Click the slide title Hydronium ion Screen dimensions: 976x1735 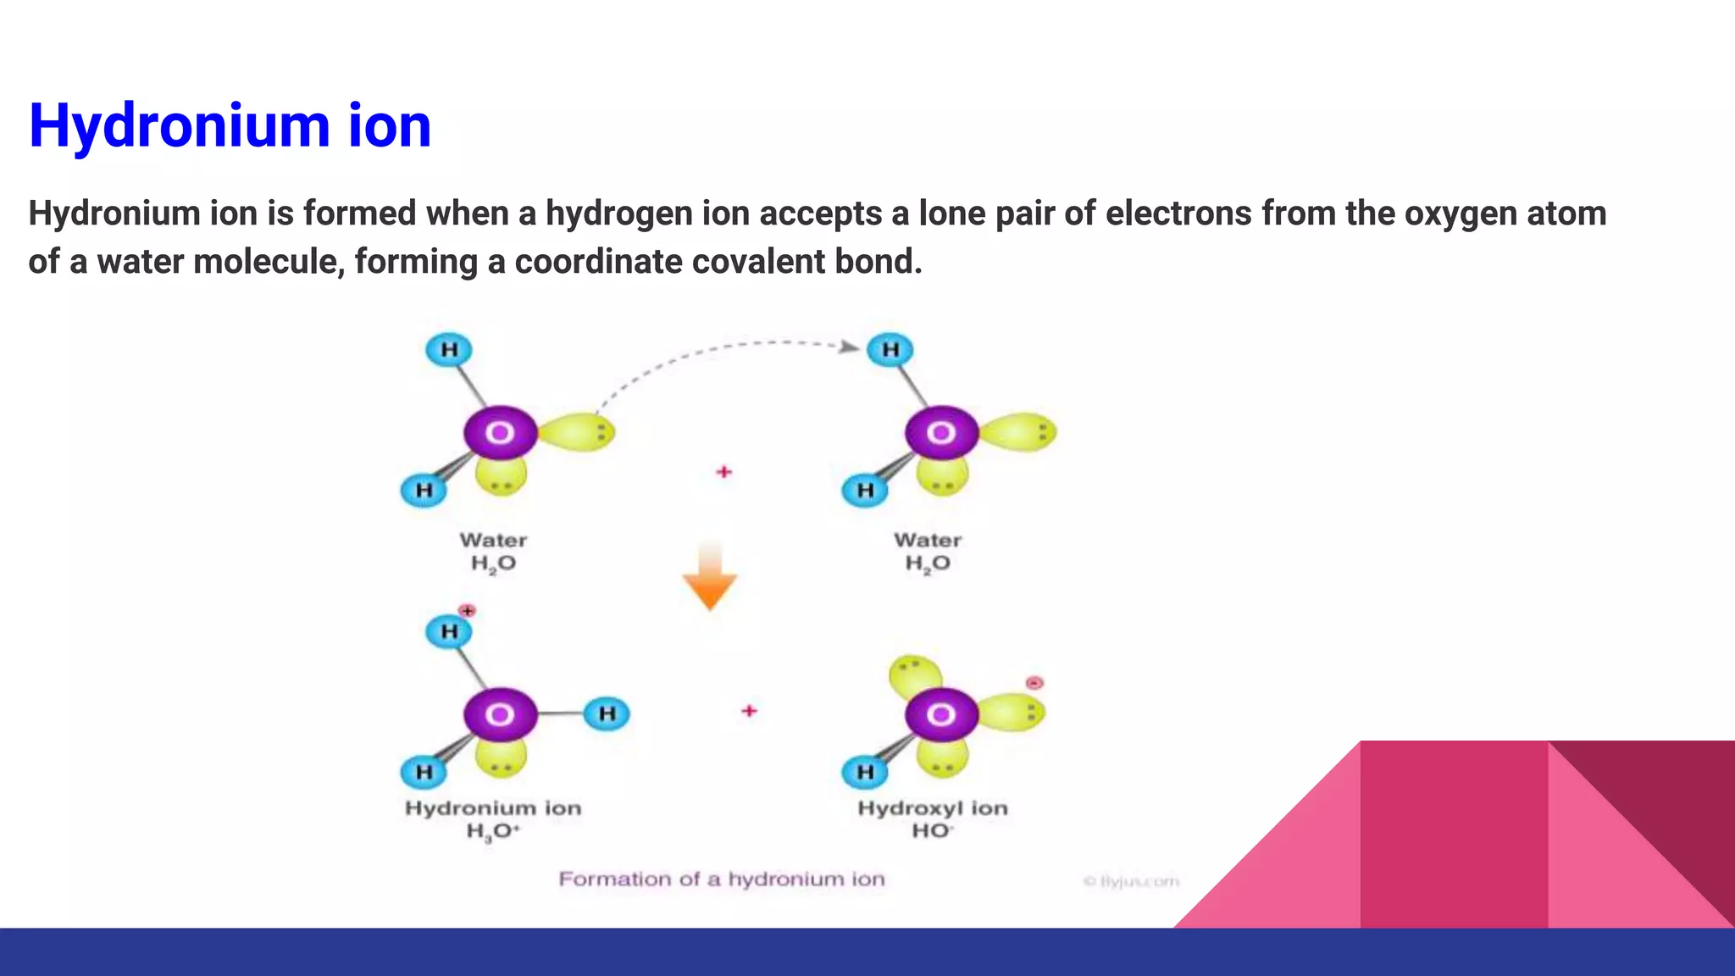click(x=230, y=125)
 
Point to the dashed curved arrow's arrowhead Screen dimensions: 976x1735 click(x=849, y=347)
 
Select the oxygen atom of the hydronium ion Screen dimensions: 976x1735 click(x=500, y=714)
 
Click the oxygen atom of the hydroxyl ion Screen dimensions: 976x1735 click(x=941, y=714)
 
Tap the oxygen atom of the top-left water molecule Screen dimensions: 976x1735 click(x=500, y=433)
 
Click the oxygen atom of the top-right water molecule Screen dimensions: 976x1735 click(x=941, y=433)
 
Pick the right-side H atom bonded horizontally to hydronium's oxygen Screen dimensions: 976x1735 click(x=607, y=713)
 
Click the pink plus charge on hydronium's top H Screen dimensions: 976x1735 click(x=467, y=611)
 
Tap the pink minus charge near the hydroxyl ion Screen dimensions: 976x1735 click(x=1034, y=683)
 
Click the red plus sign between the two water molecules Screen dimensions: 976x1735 click(x=723, y=472)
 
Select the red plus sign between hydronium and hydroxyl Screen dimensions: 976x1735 click(x=749, y=711)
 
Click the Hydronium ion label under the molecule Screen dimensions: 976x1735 click(x=493, y=808)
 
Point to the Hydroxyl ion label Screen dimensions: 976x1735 click(x=933, y=808)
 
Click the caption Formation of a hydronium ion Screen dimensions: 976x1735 click(x=722, y=879)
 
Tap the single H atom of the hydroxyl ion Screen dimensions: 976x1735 click(x=865, y=772)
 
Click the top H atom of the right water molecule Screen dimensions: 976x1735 click(x=890, y=349)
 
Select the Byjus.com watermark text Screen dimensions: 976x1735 click(x=1132, y=882)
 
